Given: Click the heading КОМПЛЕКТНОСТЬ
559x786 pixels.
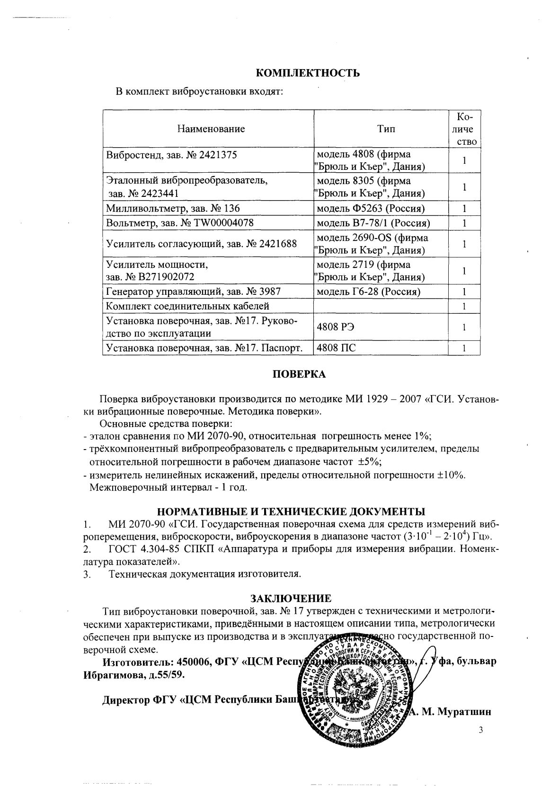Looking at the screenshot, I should coord(308,73).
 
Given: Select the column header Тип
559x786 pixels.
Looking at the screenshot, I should coord(386,129).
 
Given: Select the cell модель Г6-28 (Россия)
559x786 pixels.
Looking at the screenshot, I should coord(368,292).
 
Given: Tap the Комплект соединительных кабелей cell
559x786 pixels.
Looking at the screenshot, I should coord(188,306).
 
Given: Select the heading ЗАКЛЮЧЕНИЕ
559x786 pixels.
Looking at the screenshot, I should coord(291,598).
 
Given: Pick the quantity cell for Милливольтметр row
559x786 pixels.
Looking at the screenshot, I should coord(464,208).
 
